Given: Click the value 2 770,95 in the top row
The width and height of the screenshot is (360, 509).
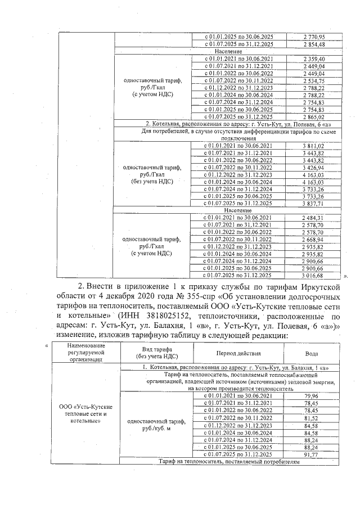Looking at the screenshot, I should tap(314, 37).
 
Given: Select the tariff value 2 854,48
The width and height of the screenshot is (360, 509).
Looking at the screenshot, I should tap(314, 44).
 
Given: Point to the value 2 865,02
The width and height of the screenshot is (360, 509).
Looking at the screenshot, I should tap(314, 116).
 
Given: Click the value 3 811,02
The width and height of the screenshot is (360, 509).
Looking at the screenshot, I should tap(314, 146).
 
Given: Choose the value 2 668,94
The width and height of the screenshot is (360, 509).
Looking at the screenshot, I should tap(314, 240).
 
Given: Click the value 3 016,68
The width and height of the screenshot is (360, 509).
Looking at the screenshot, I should tap(314, 276).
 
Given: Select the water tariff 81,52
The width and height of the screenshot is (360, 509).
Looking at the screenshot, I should tap(311, 418).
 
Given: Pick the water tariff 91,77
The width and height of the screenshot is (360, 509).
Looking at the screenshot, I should tap(311, 454).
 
